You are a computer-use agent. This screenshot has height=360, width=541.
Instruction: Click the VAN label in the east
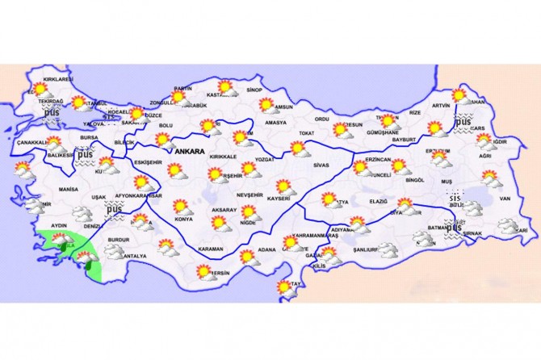point(506,199)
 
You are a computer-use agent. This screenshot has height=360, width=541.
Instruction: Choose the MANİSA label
point(69,189)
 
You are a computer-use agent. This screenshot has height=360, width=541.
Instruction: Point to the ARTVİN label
point(440,106)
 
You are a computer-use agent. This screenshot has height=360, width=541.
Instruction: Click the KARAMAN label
point(211,249)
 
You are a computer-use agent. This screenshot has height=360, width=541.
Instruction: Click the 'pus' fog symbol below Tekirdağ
point(52,114)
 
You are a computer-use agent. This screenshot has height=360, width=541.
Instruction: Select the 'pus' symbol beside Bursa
point(86,154)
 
